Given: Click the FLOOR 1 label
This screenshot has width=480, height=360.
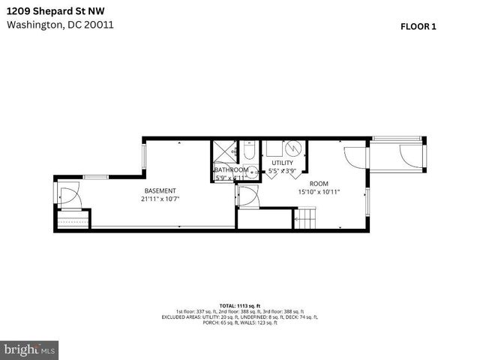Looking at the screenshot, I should click(x=418, y=26).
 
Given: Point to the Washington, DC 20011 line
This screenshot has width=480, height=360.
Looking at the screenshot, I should click(x=60, y=24).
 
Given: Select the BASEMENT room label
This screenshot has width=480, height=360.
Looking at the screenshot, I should click(x=160, y=190).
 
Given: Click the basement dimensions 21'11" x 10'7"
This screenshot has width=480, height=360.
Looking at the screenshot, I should click(x=160, y=199).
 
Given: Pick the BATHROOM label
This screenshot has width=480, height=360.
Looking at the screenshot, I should click(x=231, y=169).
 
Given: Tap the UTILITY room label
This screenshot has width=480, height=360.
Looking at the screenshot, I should click(x=283, y=163).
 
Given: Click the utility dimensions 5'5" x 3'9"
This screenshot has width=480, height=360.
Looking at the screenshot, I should click(x=283, y=171).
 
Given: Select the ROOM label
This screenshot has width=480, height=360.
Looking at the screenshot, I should click(x=319, y=183).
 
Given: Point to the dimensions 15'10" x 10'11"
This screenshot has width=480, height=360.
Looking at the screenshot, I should click(x=319, y=192).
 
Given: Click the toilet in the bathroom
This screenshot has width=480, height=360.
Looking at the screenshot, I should click(x=249, y=152).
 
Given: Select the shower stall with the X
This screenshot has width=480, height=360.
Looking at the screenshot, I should click(x=223, y=151).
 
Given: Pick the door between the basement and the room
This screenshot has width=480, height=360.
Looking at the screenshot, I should click(x=245, y=197).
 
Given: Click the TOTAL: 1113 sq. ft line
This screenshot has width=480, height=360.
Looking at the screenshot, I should click(x=239, y=306).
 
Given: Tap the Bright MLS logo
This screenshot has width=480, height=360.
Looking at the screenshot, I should click(x=30, y=349).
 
